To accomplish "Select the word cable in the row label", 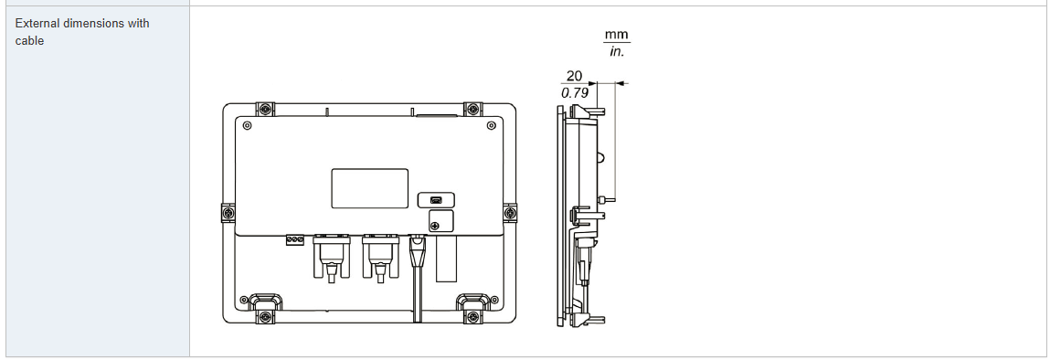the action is pos(29,41).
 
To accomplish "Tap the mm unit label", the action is pos(617,35).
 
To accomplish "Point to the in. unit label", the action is pos(616,51).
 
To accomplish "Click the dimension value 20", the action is pos(574,76).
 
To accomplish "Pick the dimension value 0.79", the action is pos(574,93).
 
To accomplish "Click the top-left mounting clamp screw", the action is pos(266,109).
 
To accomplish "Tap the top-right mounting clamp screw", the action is pos(473,109).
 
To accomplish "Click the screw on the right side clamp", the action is pos(510,213).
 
